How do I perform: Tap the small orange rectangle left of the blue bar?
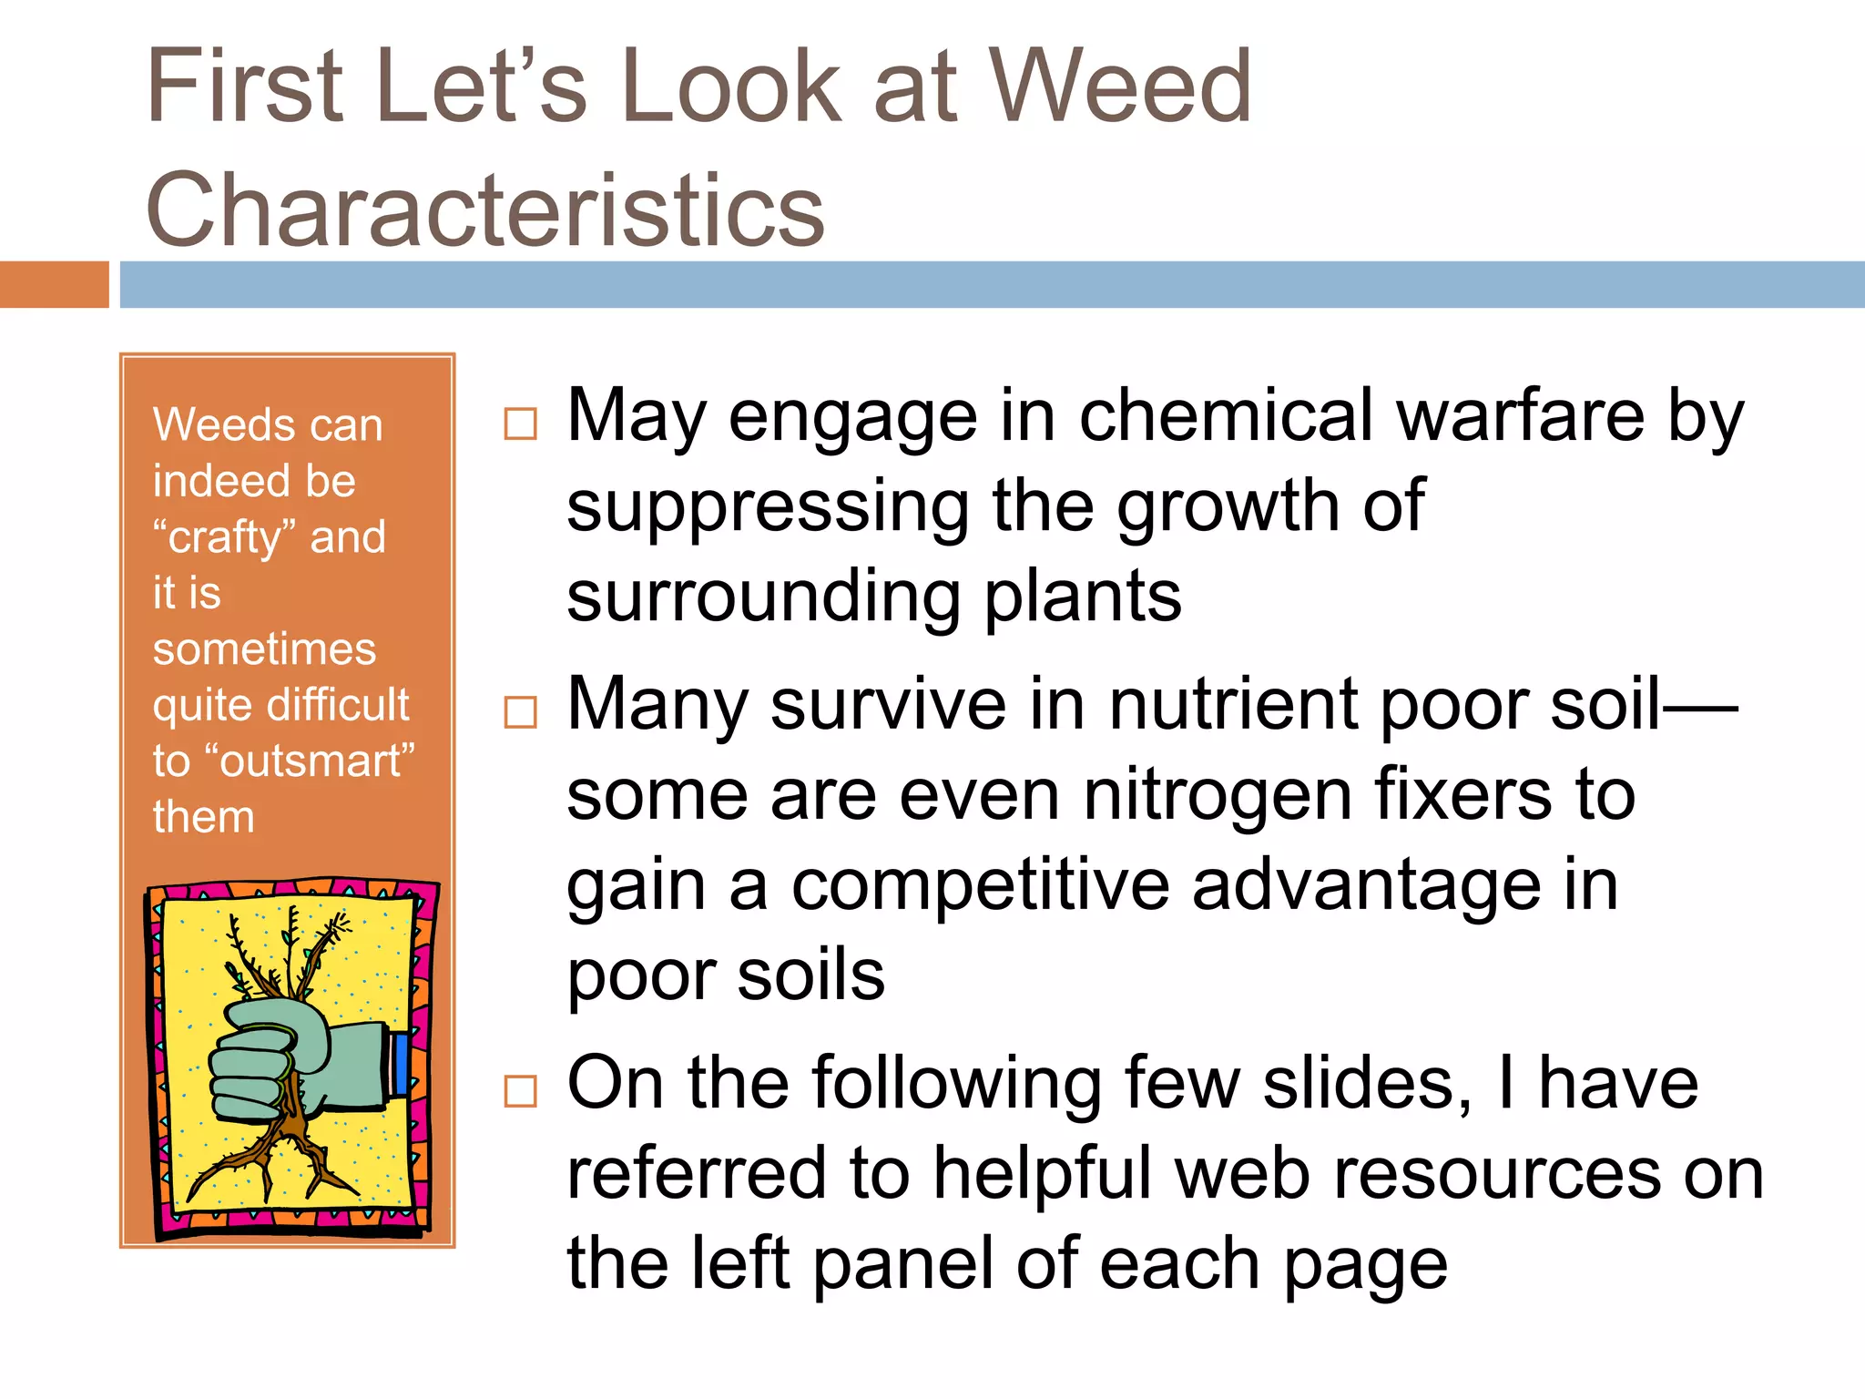54,284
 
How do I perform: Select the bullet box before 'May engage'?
521,424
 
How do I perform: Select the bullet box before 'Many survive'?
521,712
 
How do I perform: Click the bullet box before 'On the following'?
521,1090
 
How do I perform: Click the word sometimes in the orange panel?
264,649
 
